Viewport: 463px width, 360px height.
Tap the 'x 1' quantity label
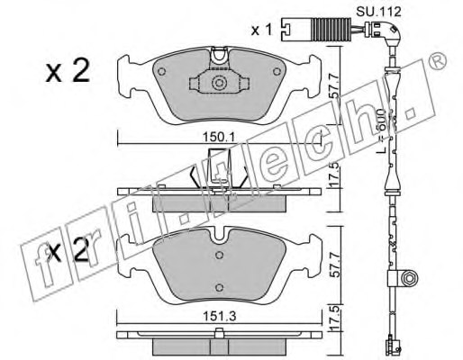click(x=262, y=31)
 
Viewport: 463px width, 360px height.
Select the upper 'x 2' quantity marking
click(x=67, y=72)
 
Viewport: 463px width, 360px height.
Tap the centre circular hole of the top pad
click(x=217, y=85)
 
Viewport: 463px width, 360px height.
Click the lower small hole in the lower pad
click(x=218, y=287)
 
